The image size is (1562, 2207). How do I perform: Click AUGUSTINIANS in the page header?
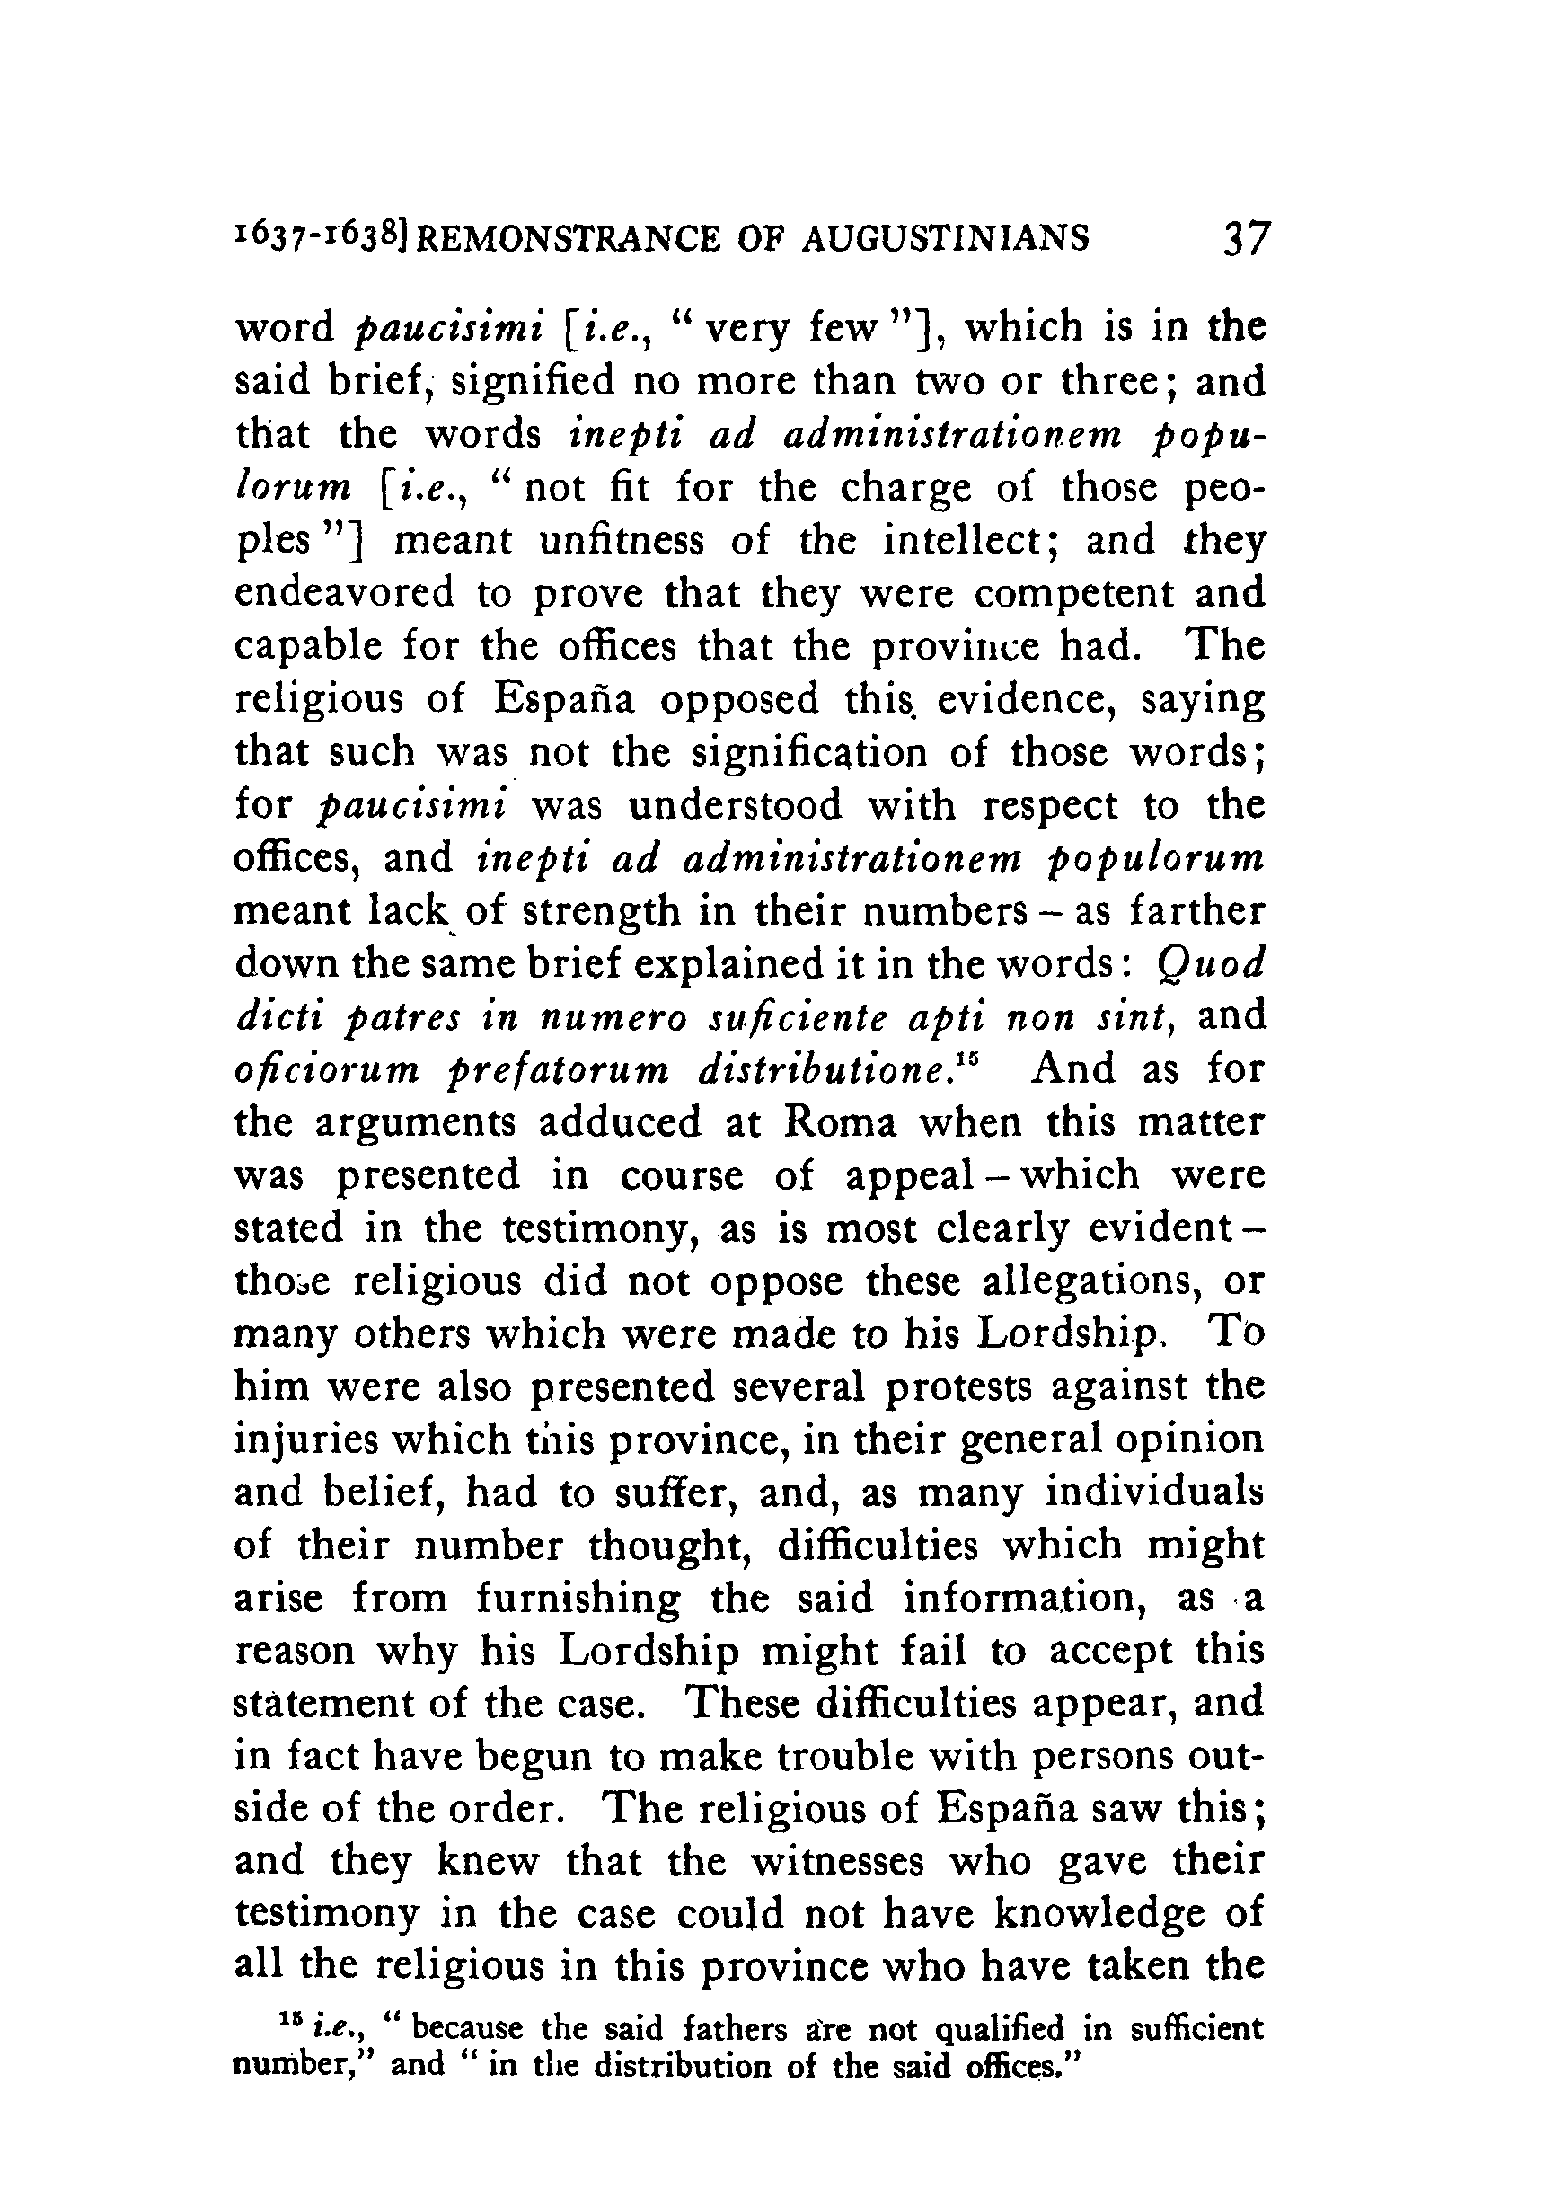[946, 239]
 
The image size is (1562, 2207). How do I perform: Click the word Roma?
[840, 1122]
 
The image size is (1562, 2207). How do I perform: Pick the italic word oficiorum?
[326, 1071]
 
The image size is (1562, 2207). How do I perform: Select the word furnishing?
[579, 1599]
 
